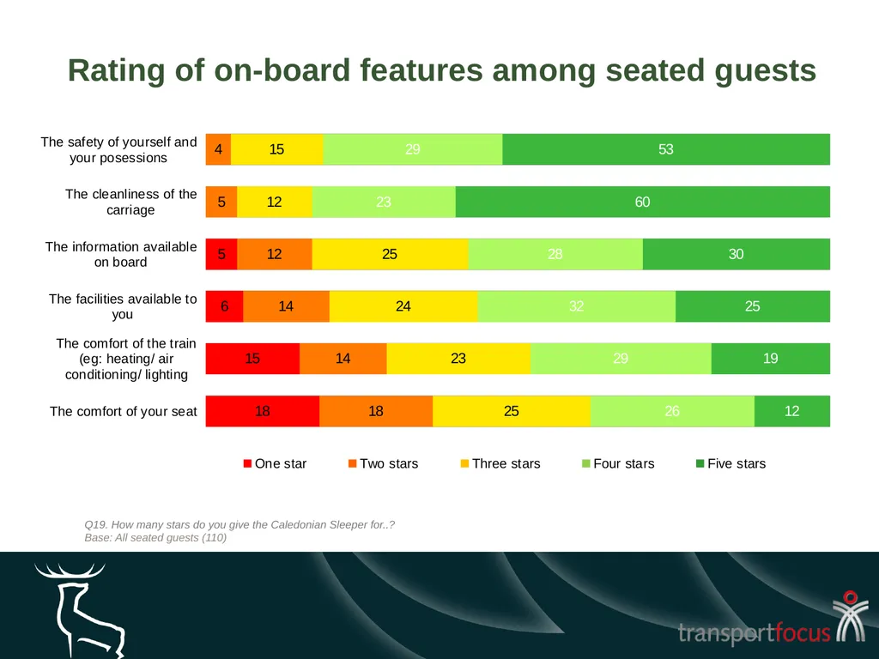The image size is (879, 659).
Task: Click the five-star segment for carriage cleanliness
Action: click(642, 202)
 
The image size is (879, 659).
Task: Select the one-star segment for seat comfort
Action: click(263, 411)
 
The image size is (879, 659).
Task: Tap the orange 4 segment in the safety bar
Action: click(219, 149)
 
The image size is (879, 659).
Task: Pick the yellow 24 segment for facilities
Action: click(403, 306)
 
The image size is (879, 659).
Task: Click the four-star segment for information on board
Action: click(555, 254)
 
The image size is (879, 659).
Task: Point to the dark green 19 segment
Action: click(771, 359)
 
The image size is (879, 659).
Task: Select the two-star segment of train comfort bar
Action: click(343, 359)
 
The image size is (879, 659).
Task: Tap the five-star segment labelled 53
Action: click(666, 149)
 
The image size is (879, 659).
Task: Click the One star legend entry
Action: click(276, 463)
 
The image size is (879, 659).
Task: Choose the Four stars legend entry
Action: click(618, 463)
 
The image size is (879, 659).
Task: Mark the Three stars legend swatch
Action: click(464, 463)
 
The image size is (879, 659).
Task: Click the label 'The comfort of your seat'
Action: click(124, 411)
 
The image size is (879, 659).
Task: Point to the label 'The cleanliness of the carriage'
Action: click(131, 202)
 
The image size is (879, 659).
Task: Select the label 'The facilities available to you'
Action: click(123, 306)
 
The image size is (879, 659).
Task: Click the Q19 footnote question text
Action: click(239, 524)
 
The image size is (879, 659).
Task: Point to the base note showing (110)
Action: click(155, 537)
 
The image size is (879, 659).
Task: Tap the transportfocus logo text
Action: click(754, 632)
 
